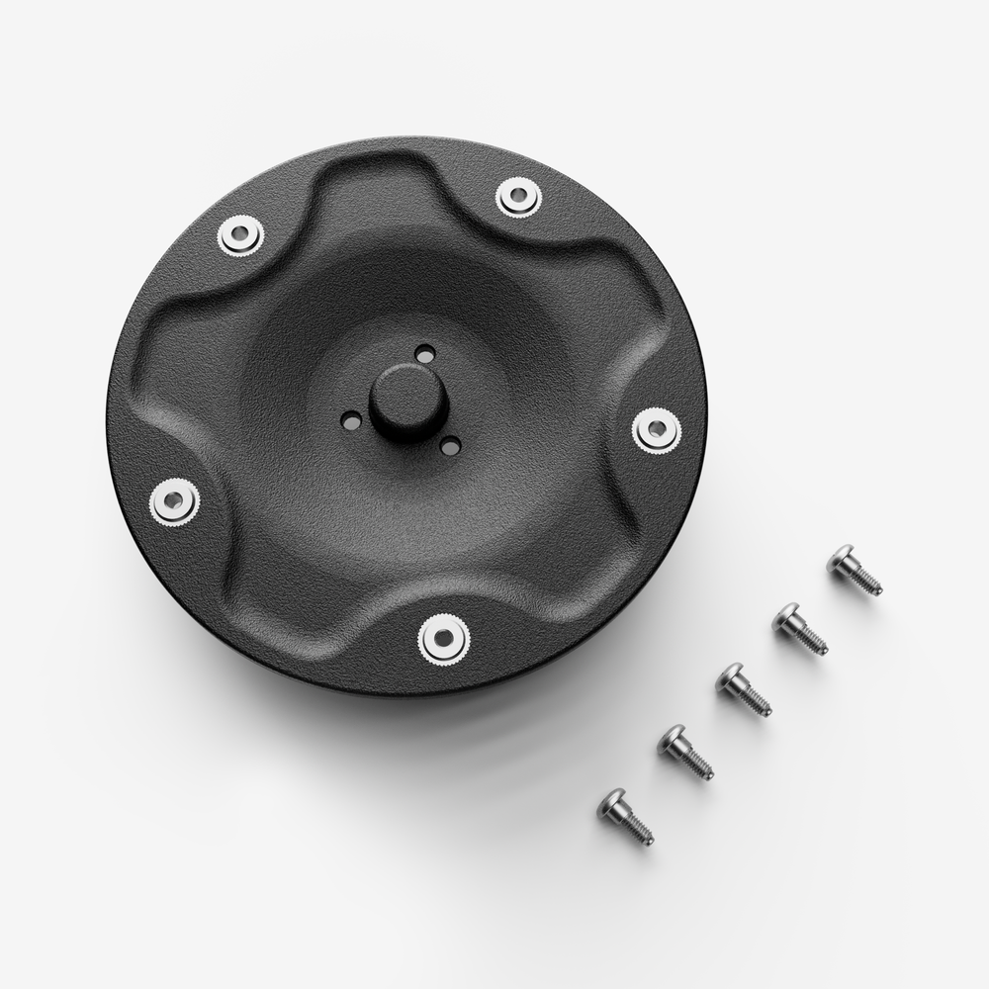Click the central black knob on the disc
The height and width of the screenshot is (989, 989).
pyautogui.click(x=408, y=400)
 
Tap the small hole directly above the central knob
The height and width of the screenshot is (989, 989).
pyautogui.click(x=425, y=353)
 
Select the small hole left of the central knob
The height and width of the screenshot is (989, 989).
pyautogui.click(x=351, y=421)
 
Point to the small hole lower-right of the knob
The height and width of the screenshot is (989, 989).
pyautogui.click(x=450, y=446)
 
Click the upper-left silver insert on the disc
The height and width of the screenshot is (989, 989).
pyautogui.click(x=241, y=235)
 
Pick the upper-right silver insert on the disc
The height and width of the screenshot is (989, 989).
pyautogui.click(x=519, y=197)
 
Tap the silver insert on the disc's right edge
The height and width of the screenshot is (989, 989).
pyautogui.click(x=657, y=430)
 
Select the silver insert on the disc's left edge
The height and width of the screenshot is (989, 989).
pyautogui.click(x=175, y=501)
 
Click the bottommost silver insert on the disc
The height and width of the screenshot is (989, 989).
pyautogui.click(x=443, y=638)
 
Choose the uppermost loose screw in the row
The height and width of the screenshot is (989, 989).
pyautogui.click(x=854, y=571)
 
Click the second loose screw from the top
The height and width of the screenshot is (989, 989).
pyautogui.click(x=800, y=629)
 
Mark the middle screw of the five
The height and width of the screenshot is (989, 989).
pyautogui.click(x=744, y=689)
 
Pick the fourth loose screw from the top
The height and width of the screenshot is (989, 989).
pyautogui.click(x=685, y=752)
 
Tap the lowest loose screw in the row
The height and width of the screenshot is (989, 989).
pyautogui.click(x=625, y=816)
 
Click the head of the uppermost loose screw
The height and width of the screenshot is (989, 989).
pyautogui.click(x=841, y=558)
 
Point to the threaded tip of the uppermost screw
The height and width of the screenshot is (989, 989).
pyautogui.click(x=874, y=588)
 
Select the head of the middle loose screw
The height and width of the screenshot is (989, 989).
pyautogui.click(x=730, y=676)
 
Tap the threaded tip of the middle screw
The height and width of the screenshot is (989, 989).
pyautogui.click(x=764, y=708)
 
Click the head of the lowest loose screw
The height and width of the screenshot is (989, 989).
pyautogui.click(x=611, y=803)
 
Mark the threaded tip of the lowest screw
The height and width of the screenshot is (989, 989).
pyautogui.click(x=645, y=837)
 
